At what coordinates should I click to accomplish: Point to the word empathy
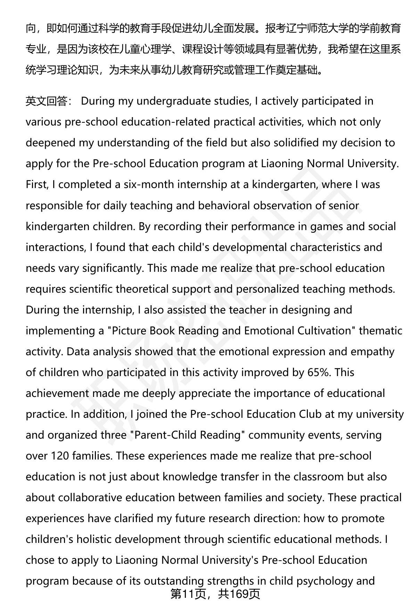(372, 351)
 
